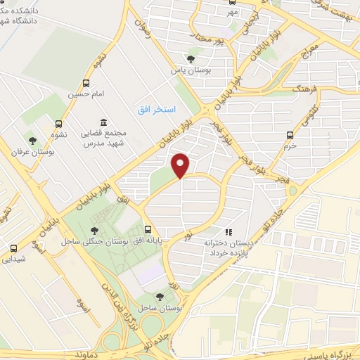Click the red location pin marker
[181, 166]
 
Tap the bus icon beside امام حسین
[86, 83]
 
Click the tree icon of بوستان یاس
[191, 59]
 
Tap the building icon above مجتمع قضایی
[103, 122]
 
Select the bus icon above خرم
[290, 135]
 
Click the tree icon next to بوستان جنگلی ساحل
[94, 230]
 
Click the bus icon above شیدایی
[14, 247]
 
